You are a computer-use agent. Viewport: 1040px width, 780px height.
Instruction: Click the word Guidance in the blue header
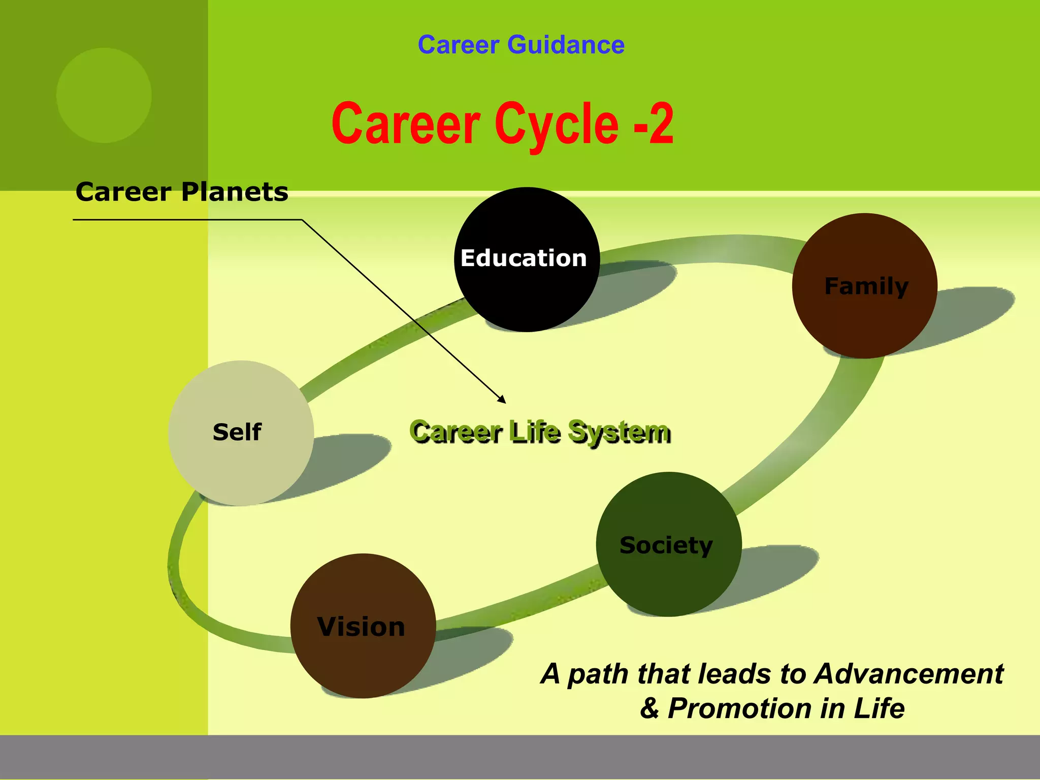(566, 45)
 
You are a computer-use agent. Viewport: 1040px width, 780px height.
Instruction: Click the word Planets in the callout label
(235, 192)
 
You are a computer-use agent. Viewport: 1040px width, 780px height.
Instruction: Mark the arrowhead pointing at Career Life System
(502, 400)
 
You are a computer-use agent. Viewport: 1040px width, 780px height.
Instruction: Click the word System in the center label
(619, 433)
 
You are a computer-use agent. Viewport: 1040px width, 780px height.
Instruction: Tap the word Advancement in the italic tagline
(908, 674)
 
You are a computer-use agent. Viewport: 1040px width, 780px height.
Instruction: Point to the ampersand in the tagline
(649, 708)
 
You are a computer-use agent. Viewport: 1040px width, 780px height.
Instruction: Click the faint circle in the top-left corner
(104, 95)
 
